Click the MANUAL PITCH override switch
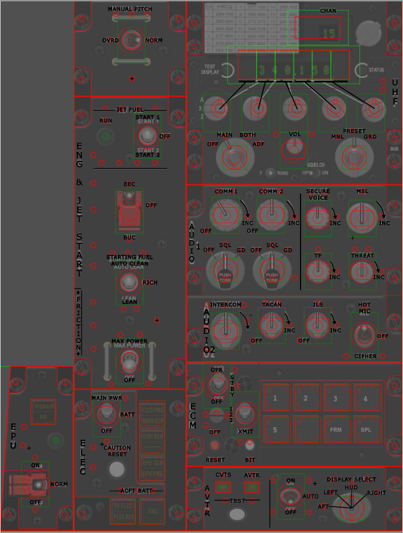[x=132, y=40]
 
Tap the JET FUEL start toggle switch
[x=146, y=134]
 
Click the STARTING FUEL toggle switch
[x=129, y=282]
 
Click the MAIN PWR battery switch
[x=106, y=412]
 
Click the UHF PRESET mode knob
[x=351, y=157]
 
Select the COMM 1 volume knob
[x=224, y=215]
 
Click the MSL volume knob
[x=362, y=216]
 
